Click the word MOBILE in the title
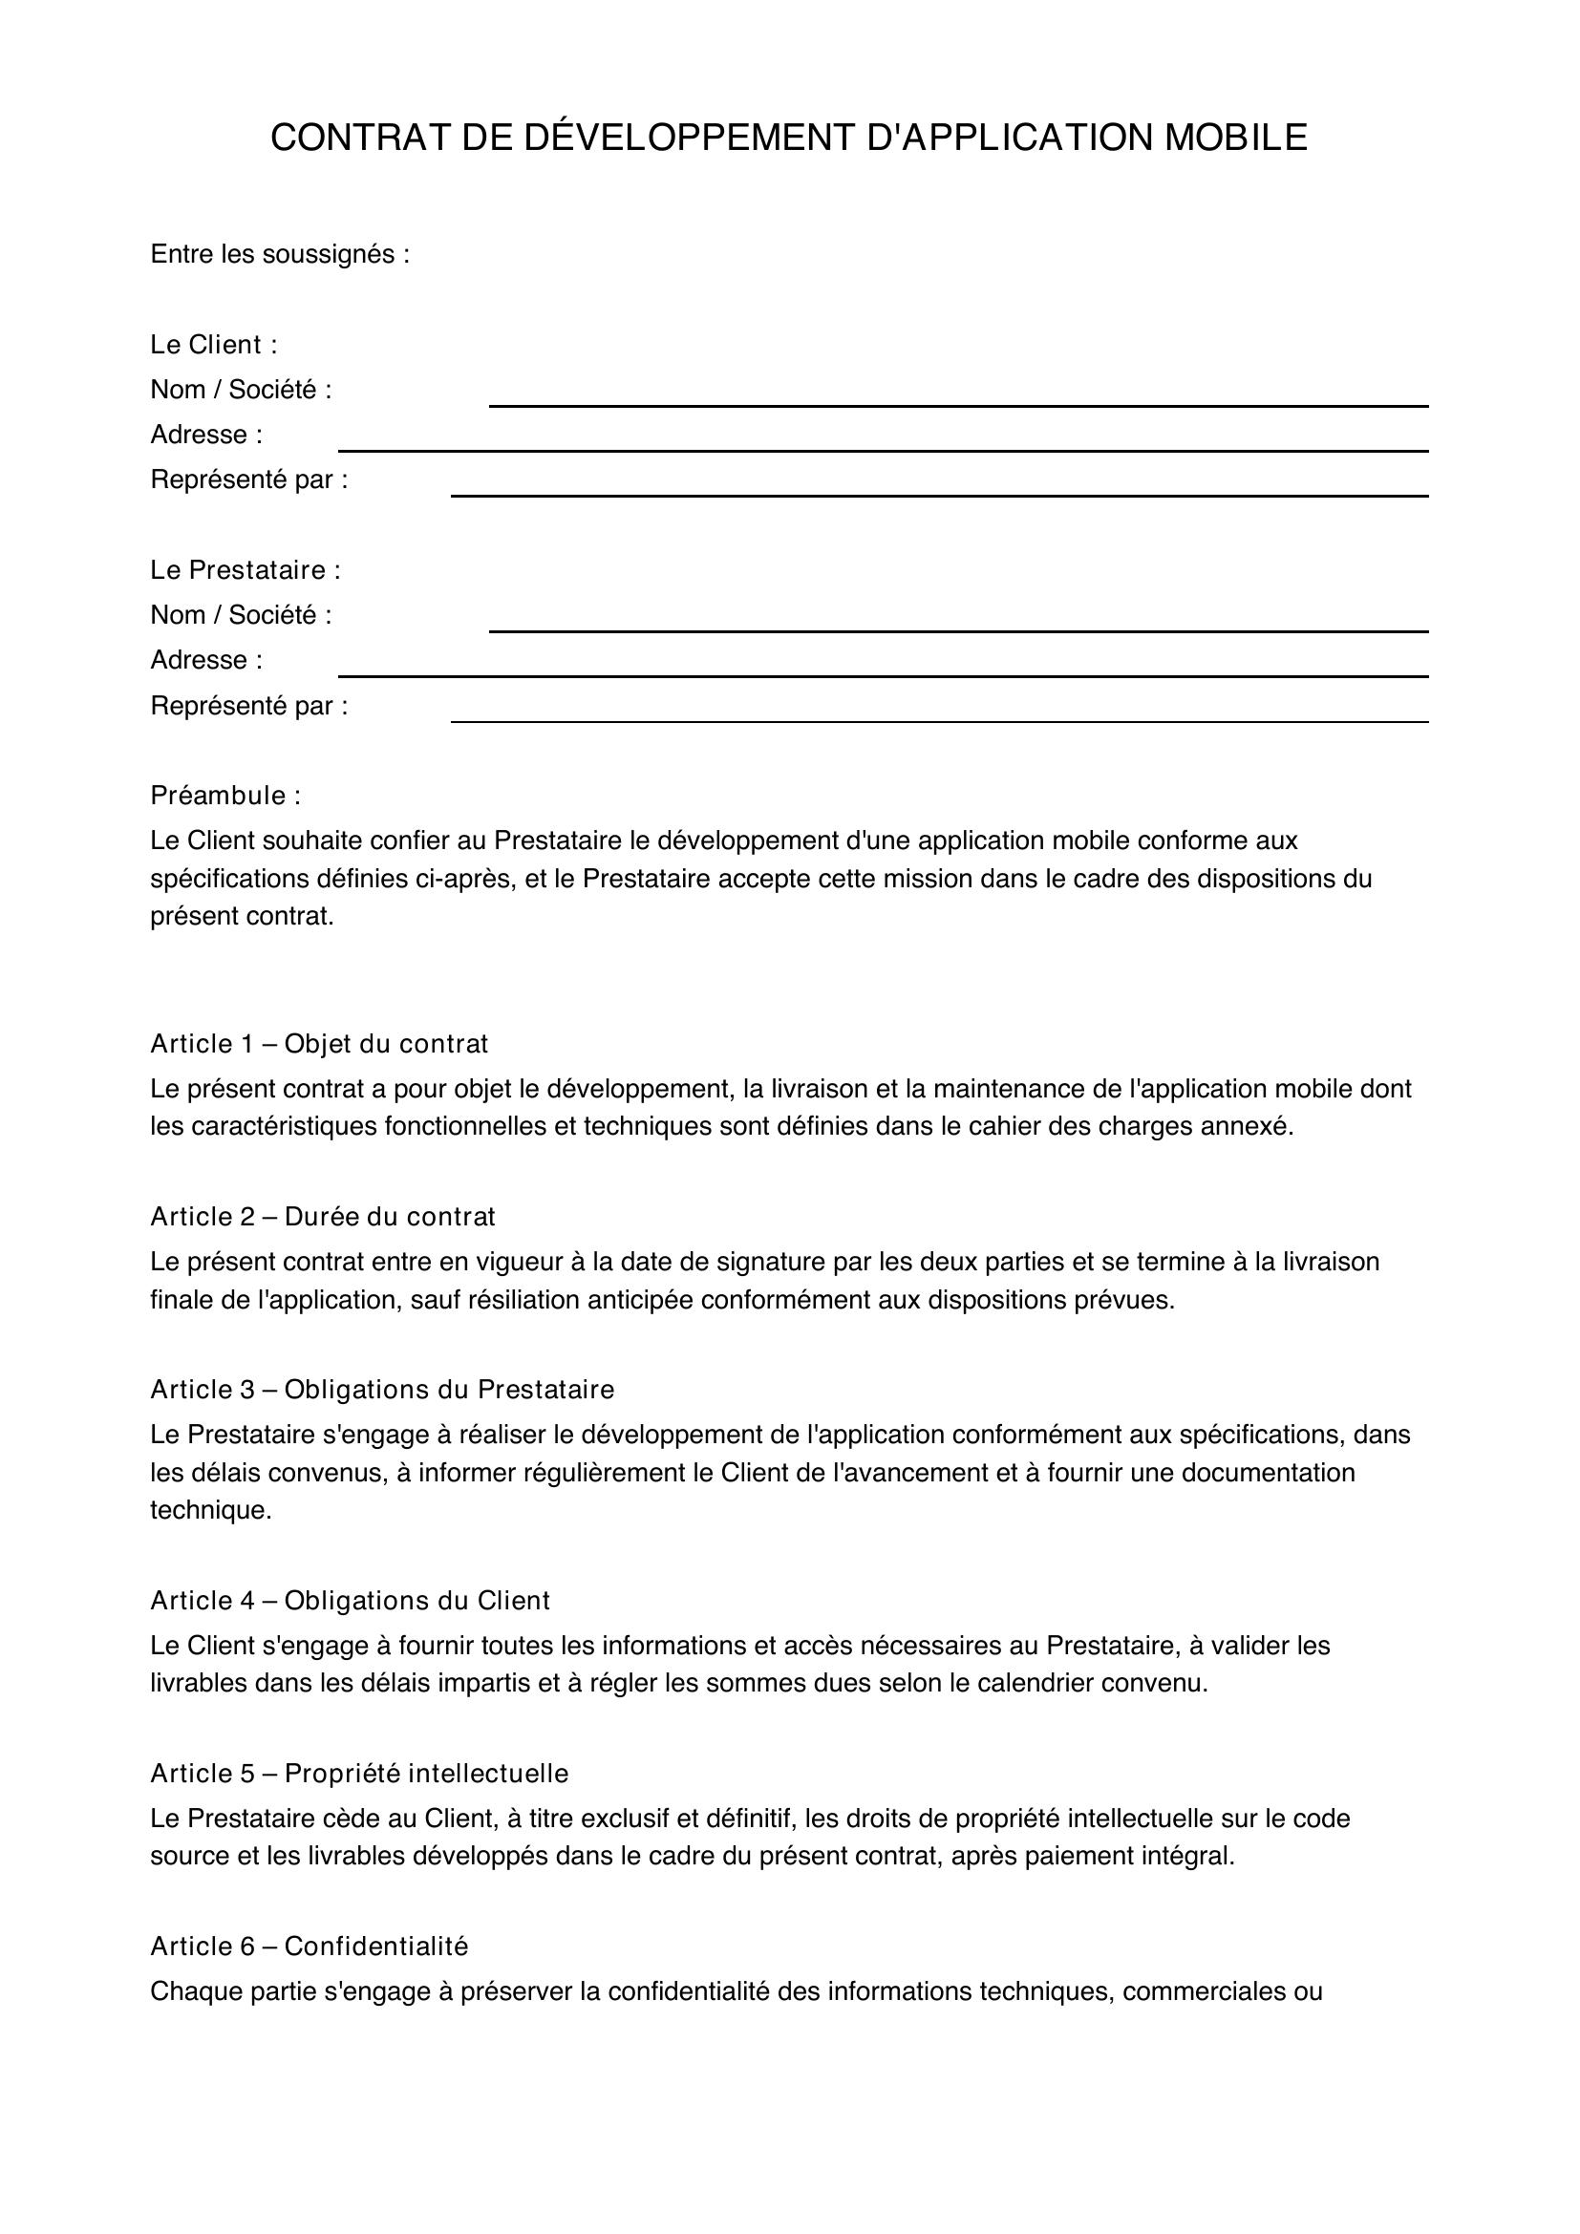click(x=1235, y=138)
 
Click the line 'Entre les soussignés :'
click(x=280, y=254)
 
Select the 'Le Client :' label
click(x=214, y=345)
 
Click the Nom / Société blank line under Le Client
click(x=957, y=401)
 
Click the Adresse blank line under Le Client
click(x=883, y=446)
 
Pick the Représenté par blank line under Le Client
click(x=939, y=490)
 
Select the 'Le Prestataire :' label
click(x=246, y=569)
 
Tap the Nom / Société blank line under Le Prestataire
click(x=957, y=626)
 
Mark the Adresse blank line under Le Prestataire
click(x=883, y=670)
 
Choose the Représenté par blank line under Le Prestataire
click(x=939, y=716)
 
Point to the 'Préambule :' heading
click(x=225, y=795)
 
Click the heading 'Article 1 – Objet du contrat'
click(x=319, y=1043)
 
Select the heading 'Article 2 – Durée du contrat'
click(x=323, y=1216)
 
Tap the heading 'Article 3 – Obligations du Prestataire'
click(x=382, y=1389)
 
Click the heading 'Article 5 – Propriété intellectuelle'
click(x=359, y=1773)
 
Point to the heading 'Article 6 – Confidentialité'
click(x=310, y=1945)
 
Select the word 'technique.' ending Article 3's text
click(x=211, y=1510)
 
